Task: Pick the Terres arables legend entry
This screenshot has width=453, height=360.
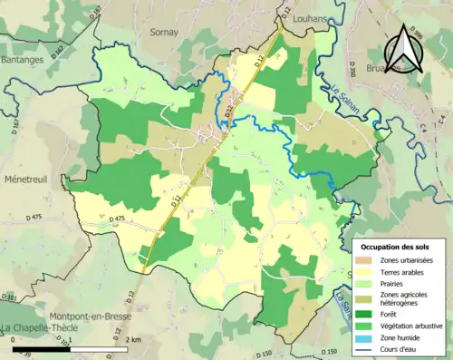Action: coord(398,272)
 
